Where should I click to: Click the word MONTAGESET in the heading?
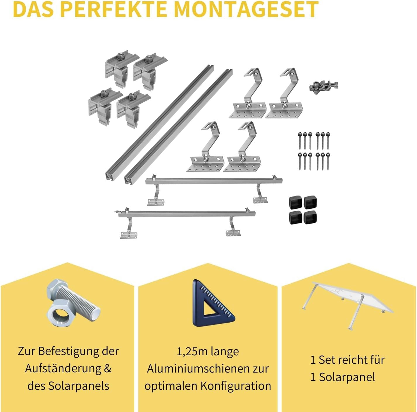[x=246, y=9]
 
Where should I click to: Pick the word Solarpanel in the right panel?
[x=347, y=377]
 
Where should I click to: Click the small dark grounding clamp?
[x=323, y=87]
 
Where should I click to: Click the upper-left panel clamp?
[x=117, y=68]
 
